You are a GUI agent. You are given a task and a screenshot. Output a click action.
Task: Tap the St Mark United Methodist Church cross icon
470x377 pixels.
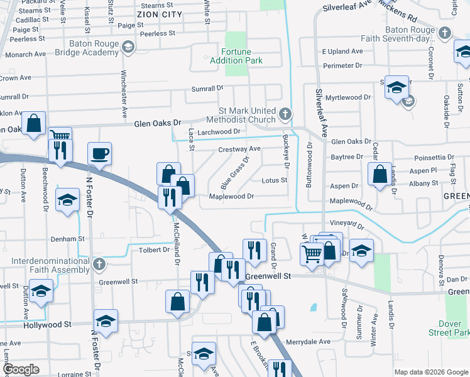(x=286, y=114)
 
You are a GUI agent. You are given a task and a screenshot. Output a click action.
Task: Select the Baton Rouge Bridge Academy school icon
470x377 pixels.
(x=128, y=46)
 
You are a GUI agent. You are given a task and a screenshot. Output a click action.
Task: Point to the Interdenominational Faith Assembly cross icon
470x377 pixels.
(x=99, y=265)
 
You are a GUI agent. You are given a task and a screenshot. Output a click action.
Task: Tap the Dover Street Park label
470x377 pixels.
(x=449, y=327)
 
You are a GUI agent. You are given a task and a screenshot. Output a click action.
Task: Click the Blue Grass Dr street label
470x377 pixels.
(x=235, y=173)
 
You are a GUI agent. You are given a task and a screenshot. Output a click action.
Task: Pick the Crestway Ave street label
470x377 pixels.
(x=239, y=149)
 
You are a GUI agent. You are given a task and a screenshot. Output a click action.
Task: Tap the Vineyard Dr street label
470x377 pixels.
(x=346, y=224)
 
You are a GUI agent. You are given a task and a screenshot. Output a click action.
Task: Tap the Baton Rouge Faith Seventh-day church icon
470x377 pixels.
(x=445, y=33)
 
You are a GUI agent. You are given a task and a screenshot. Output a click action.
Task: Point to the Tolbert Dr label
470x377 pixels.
(x=158, y=249)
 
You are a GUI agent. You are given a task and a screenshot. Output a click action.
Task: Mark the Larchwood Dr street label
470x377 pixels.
(x=219, y=131)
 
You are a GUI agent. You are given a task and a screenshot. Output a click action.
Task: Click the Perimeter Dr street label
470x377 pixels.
(x=343, y=65)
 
